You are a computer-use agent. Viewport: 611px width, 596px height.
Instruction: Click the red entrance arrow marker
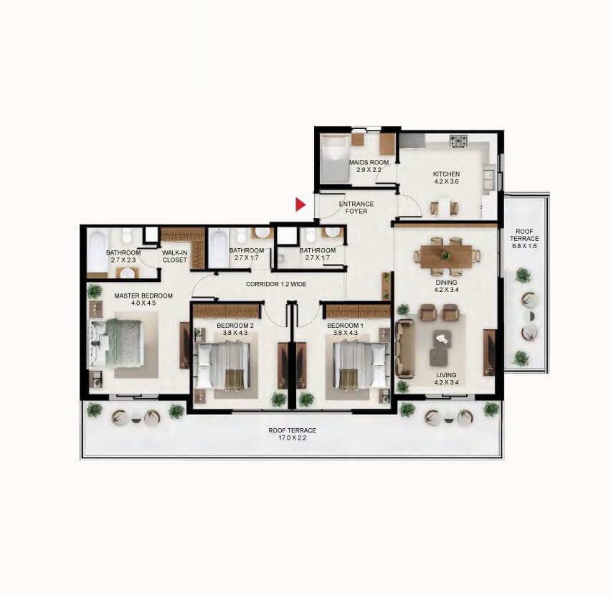[300, 204]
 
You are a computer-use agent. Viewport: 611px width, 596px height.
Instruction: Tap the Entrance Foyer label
[356, 207]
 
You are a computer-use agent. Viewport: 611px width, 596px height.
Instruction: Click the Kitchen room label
[447, 174]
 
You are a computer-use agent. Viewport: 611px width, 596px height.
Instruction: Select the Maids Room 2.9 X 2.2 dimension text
[369, 170]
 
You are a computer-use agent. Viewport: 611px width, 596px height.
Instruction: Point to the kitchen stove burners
[458, 141]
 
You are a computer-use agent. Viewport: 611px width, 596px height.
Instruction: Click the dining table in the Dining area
[446, 256]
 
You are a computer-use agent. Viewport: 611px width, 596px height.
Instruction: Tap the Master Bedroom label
[143, 296]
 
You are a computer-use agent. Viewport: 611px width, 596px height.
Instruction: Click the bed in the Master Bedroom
[116, 344]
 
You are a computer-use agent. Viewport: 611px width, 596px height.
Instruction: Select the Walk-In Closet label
[174, 256]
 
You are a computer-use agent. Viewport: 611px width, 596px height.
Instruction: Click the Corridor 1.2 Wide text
[276, 284]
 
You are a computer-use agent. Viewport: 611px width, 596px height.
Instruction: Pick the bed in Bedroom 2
[222, 365]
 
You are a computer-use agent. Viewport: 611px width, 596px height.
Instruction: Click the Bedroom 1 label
[345, 326]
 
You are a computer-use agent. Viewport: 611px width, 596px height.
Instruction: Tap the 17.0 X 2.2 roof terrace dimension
[293, 437]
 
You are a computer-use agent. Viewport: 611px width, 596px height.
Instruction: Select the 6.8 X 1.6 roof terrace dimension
[524, 246]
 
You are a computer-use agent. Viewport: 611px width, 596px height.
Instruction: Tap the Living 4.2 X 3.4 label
[447, 379]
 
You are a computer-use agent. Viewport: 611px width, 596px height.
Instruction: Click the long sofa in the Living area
[405, 349]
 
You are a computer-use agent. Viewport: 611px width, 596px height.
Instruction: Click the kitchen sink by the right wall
[488, 179]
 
